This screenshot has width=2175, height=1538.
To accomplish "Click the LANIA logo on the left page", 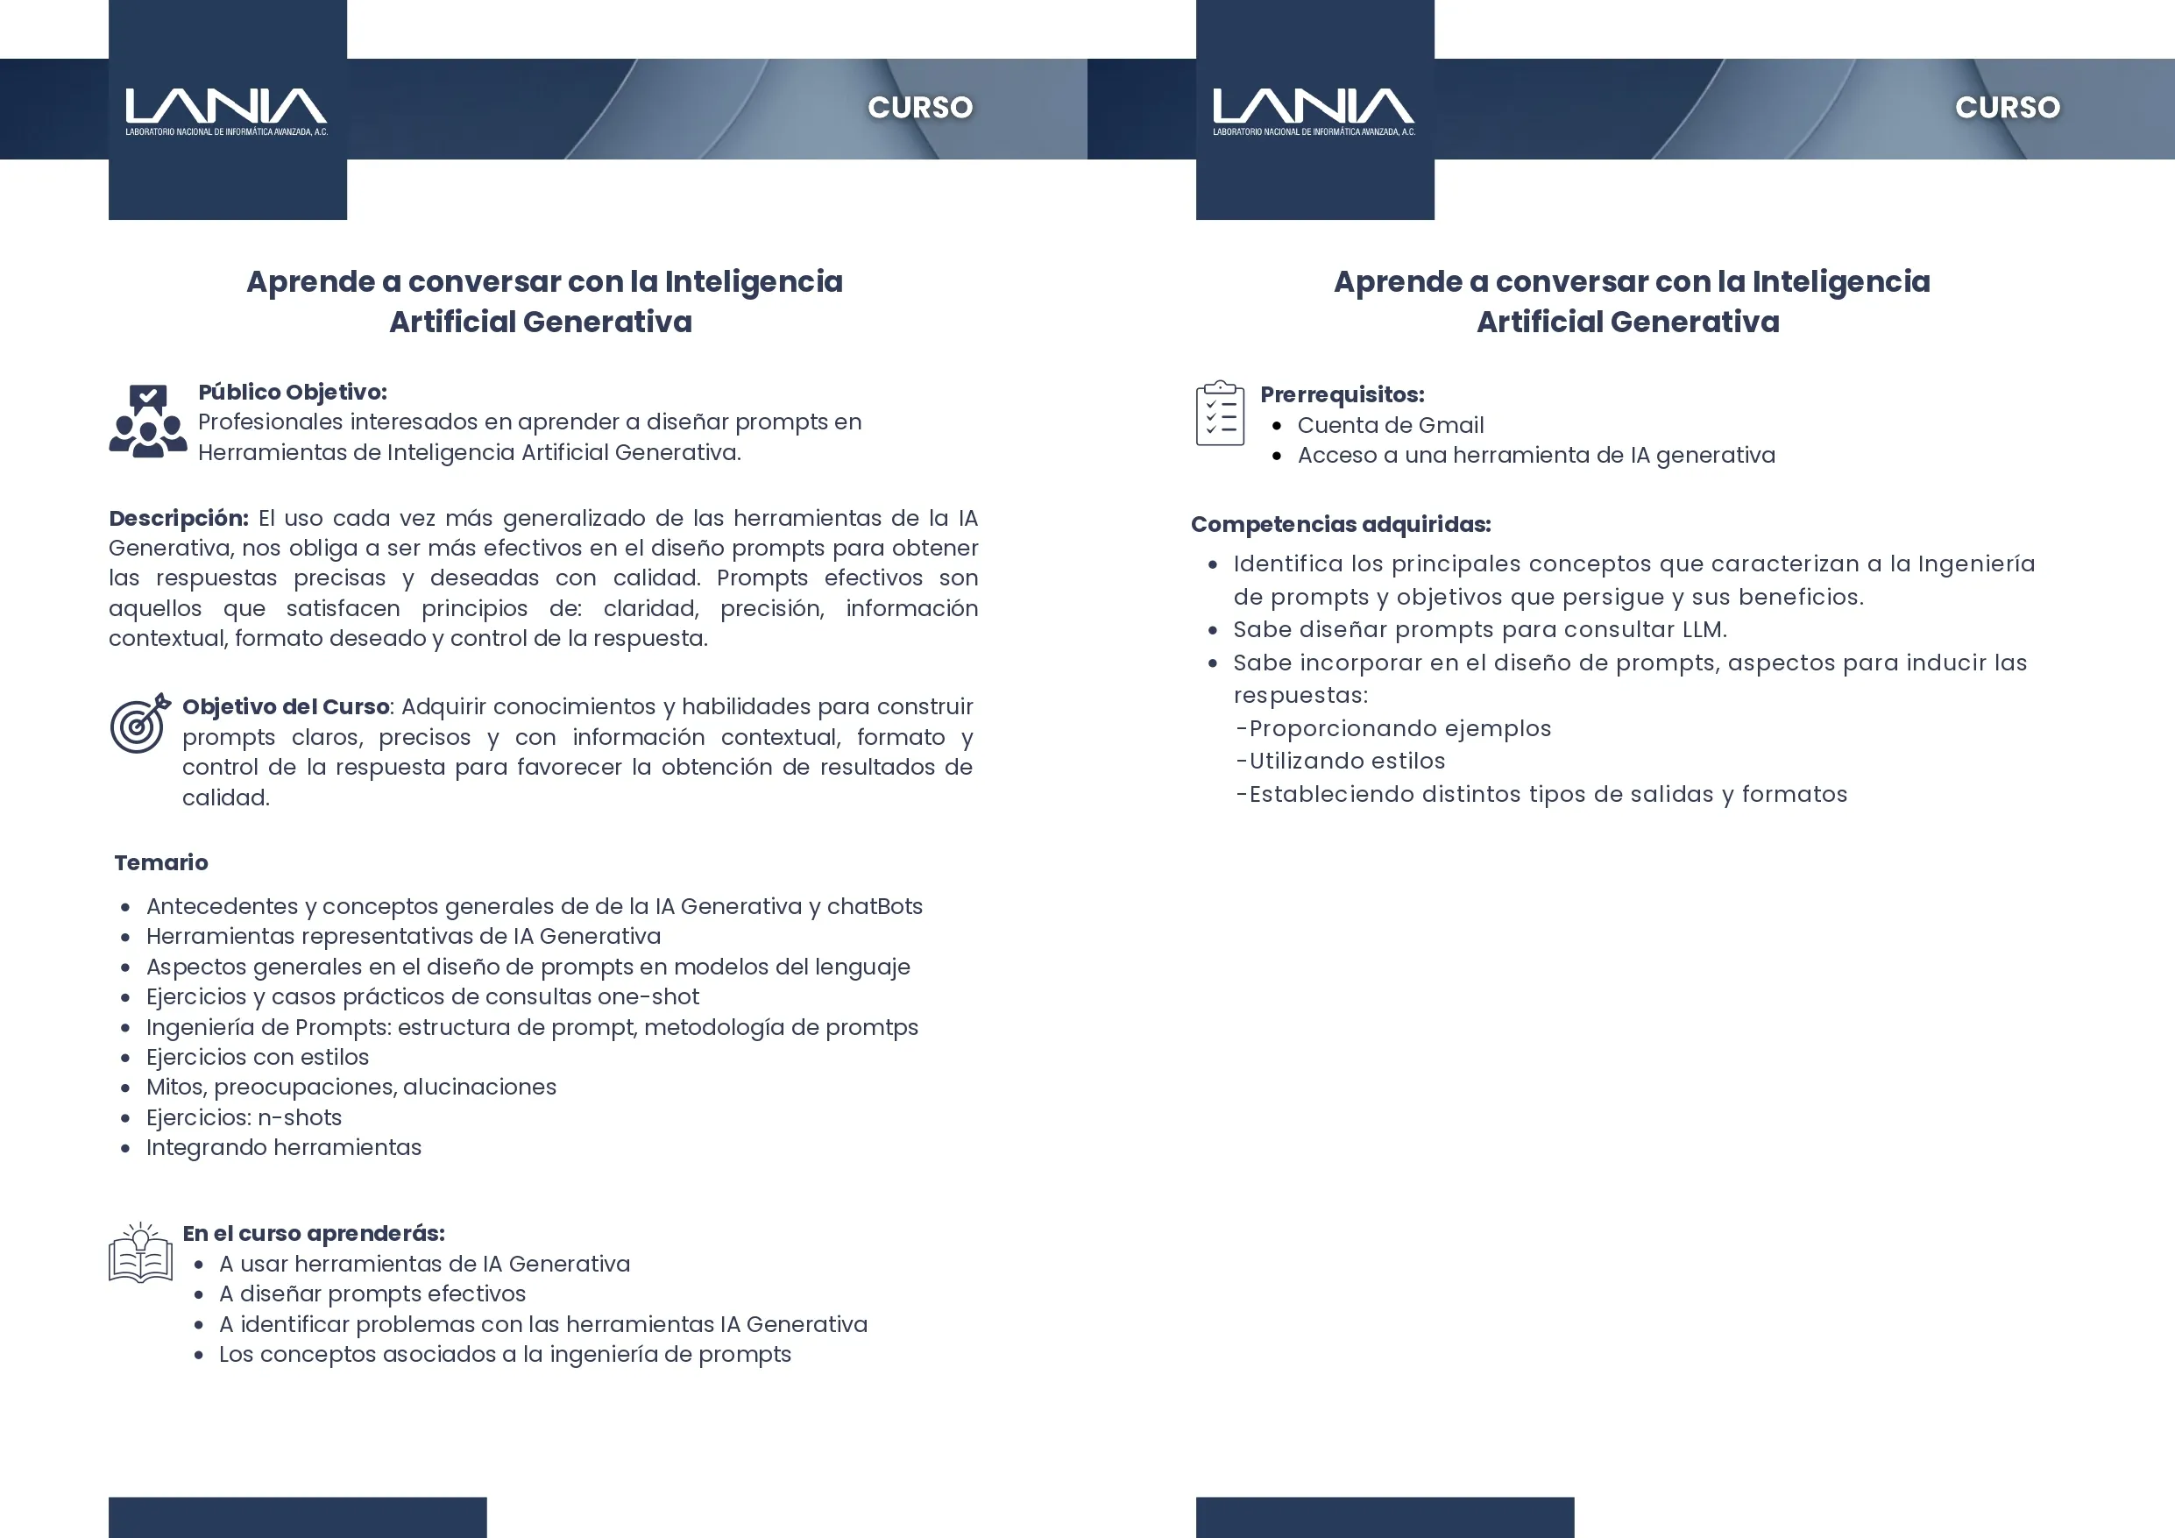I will click(226, 110).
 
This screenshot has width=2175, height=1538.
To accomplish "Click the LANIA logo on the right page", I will click(1314, 110).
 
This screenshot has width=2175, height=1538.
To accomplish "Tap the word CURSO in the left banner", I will click(920, 107).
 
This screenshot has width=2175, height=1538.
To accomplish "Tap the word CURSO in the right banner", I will click(2008, 107).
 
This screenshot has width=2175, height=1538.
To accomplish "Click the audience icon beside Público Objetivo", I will click(148, 422).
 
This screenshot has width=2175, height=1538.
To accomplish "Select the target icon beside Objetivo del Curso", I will click(140, 724).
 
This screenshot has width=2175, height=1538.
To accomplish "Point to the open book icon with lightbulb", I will click(140, 1253).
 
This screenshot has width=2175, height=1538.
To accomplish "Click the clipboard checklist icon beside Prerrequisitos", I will click(1220, 413).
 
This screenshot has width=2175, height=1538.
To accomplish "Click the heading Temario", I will click(161, 862).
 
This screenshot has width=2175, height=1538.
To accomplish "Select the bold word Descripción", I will click(178, 518).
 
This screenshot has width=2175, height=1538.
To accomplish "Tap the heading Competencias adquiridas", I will click(1341, 524).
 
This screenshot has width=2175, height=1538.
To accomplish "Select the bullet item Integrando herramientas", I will click(283, 1147).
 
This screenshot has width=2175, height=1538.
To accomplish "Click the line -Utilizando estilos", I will click(1341, 761).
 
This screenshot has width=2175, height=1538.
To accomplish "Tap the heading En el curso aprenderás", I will click(313, 1233).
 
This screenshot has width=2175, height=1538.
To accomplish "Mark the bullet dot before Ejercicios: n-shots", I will click(125, 1118).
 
